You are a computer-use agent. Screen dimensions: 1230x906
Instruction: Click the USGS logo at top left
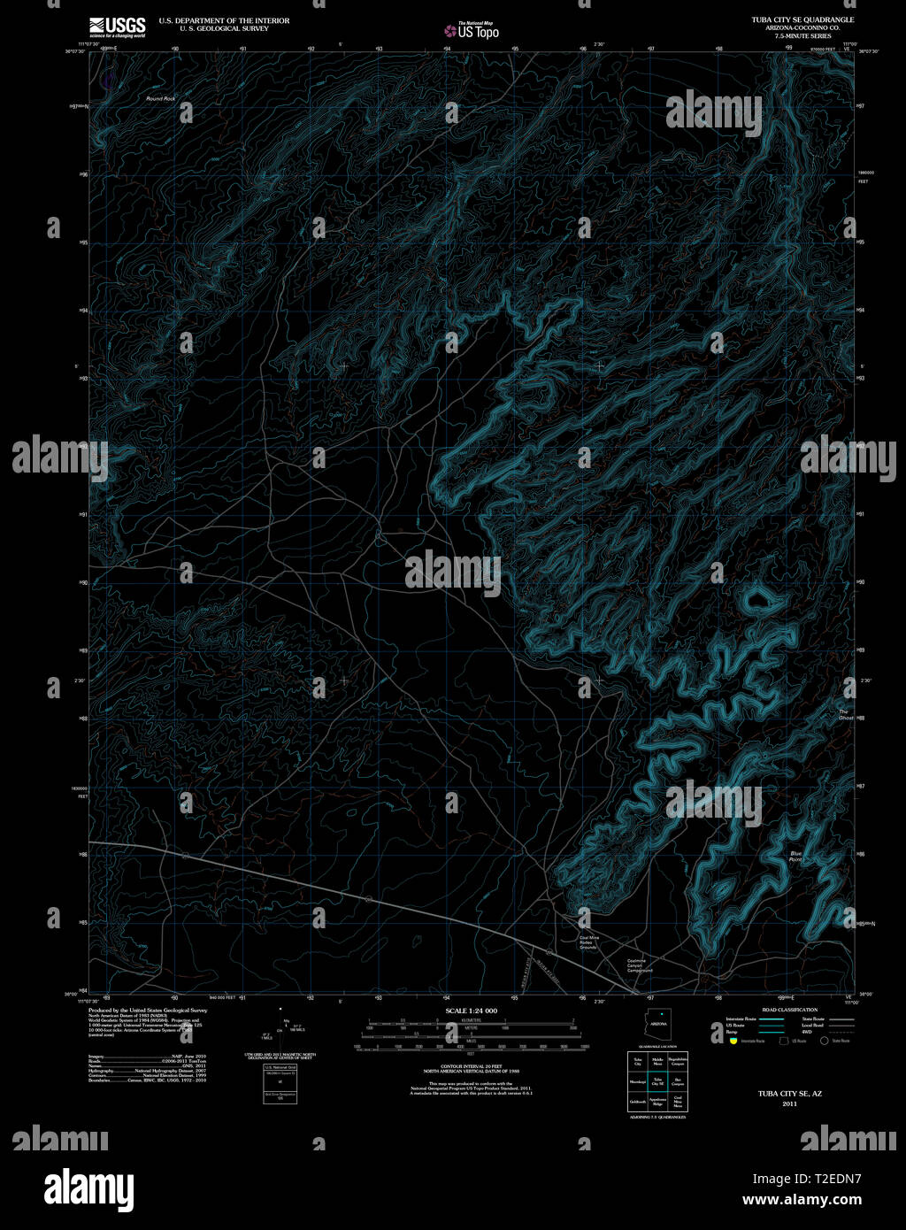coord(117,27)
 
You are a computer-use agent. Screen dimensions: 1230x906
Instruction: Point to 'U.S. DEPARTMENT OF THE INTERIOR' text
coord(224,19)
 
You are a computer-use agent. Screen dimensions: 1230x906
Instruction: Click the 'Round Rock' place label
coord(161,98)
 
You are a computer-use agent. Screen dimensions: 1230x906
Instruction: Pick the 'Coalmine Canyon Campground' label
coord(640,965)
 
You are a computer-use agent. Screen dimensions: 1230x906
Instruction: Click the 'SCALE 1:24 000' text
coord(472,1011)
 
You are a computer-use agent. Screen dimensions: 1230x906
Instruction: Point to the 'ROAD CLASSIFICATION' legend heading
coord(789,1010)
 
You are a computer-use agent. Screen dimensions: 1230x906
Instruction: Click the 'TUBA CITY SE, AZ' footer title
coord(789,1094)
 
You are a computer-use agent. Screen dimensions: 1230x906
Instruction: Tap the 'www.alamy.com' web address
coord(802,1201)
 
